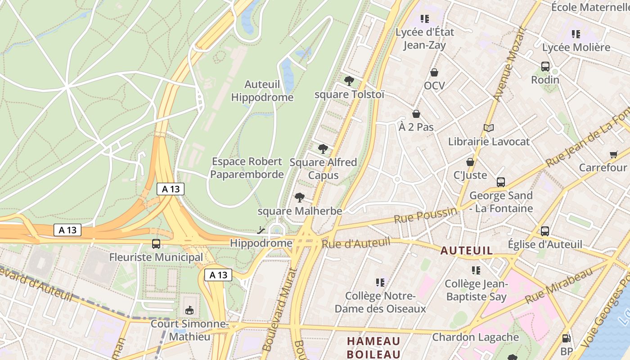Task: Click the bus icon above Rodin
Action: [x=545, y=67]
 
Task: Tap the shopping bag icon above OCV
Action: [x=434, y=72]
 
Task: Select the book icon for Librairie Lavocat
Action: [x=489, y=128]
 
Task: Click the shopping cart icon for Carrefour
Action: [x=613, y=154]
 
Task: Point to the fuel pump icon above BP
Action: [x=566, y=338]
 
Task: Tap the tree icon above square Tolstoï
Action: [x=349, y=81]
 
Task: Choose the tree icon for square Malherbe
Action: [x=300, y=197]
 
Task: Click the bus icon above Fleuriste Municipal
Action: [x=156, y=244]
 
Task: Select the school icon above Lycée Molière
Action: [x=576, y=34]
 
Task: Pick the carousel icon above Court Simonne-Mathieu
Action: [x=189, y=310]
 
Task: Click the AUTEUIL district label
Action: [x=467, y=251]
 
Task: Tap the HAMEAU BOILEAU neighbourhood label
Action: [x=373, y=347]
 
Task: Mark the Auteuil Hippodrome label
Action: [x=262, y=91]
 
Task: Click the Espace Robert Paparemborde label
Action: [x=247, y=168]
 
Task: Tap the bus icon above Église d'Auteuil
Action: [x=545, y=231]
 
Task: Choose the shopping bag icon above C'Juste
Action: [x=470, y=162]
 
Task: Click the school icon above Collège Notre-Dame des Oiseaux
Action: [x=380, y=283]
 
